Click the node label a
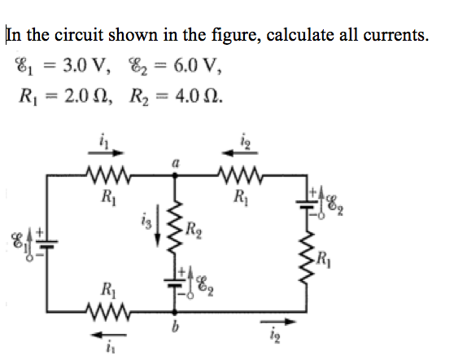(174, 164)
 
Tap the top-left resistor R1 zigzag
(105, 176)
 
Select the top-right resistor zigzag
(239, 176)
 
